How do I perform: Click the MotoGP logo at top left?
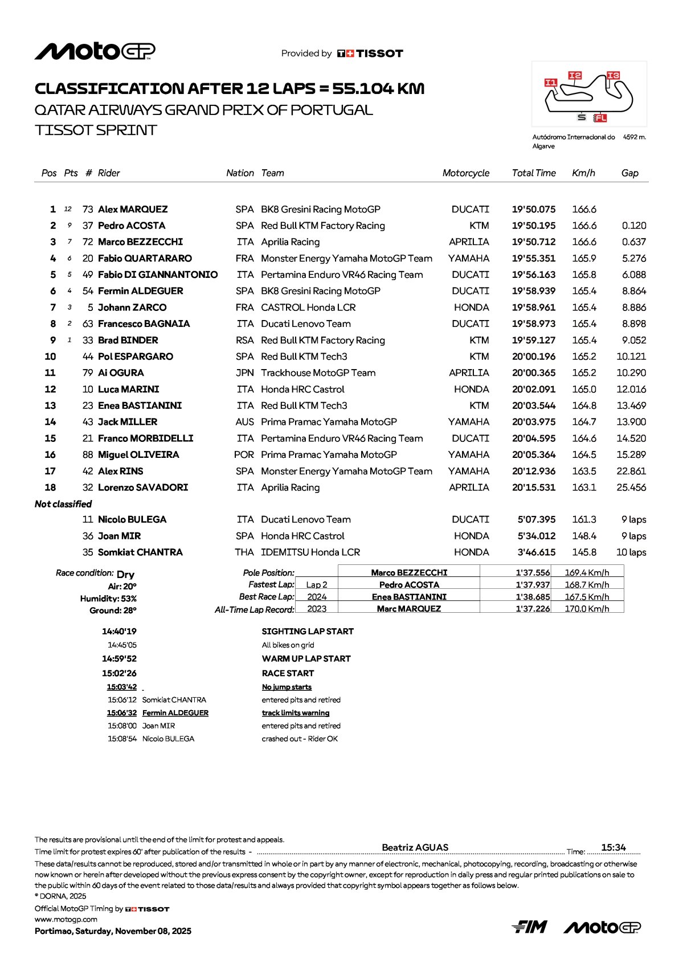click(x=95, y=52)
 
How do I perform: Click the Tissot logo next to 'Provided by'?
click(x=370, y=54)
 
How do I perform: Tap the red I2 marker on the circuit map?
click(x=575, y=75)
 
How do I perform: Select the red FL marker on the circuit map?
click(x=600, y=118)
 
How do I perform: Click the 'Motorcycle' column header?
click(x=465, y=173)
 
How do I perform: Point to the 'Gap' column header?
click(x=629, y=173)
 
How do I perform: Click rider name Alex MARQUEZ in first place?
click(x=133, y=210)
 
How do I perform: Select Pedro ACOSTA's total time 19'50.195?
click(x=533, y=226)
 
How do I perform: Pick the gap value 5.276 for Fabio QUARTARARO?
click(x=633, y=259)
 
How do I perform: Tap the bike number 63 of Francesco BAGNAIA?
click(x=88, y=324)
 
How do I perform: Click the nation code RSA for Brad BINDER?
click(x=244, y=341)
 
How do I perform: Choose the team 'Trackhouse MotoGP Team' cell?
click(x=318, y=373)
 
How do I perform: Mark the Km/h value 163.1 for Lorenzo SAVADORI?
click(x=584, y=487)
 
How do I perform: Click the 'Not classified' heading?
click(x=63, y=504)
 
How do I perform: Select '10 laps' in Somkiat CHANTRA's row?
click(x=631, y=552)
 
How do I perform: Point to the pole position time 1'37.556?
click(x=533, y=573)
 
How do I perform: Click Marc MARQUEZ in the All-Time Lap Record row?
click(x=408, y=609)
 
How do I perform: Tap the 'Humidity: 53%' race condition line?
click(x=108, y=599)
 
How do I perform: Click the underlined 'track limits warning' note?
click(x=295, y=713)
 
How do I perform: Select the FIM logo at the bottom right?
click(x=529, y=928)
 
